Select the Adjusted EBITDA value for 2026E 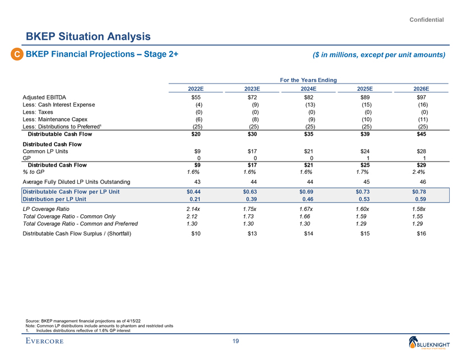click(420, 98)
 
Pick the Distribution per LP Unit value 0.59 click(420, 199)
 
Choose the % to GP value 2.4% click(420, 172)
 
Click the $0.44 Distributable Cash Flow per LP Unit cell click(196, 191)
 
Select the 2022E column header click(196, 89)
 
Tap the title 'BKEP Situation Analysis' click(88, 37)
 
